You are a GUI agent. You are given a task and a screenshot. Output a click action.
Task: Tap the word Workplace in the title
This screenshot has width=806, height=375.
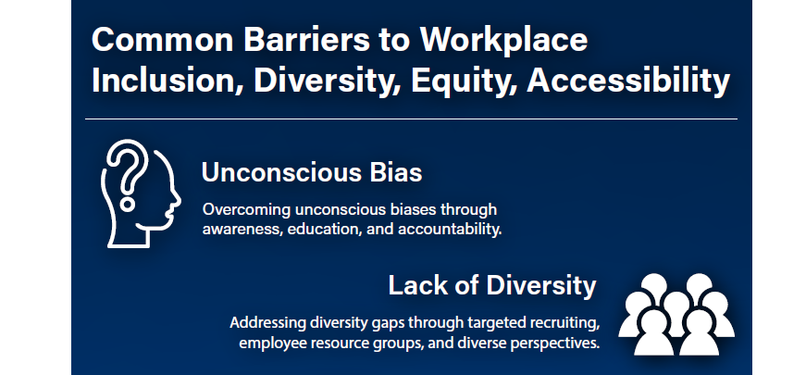(503, 41)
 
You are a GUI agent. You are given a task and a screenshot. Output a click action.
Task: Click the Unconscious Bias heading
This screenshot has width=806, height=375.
(312, 172)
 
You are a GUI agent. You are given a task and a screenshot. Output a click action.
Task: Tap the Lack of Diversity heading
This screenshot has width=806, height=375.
(492, 285)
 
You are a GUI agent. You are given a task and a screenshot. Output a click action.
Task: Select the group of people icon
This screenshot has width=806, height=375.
(676, 314)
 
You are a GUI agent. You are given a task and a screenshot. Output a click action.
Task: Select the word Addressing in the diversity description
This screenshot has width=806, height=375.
(267, 323)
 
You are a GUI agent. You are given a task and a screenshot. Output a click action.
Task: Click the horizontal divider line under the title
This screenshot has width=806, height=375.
(411, 119)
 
